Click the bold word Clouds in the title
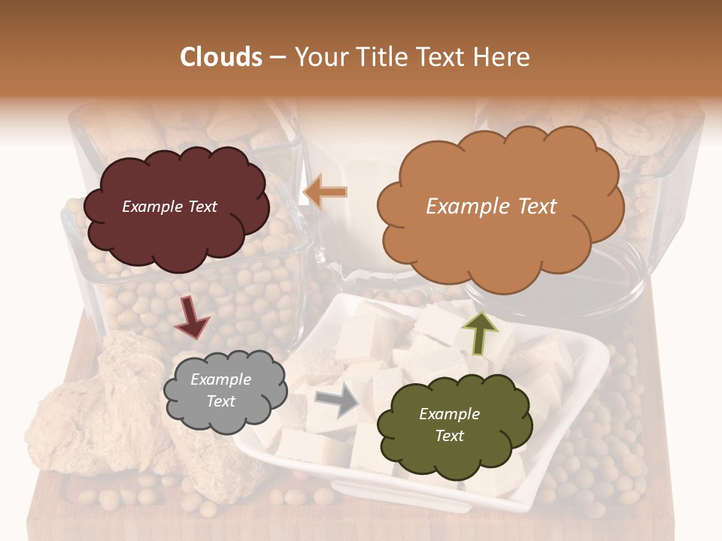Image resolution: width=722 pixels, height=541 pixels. [x=221, y=57]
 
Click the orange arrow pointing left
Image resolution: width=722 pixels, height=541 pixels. [x=325, y=192]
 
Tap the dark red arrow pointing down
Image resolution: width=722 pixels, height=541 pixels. [x=191, y=316]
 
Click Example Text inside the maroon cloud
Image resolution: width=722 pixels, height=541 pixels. [x=169, y=207]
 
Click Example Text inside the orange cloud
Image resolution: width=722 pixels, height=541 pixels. [x=491, y=207]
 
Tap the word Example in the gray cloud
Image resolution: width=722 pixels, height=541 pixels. [x=220, y=379]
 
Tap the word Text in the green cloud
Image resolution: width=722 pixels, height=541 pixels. [x=449, y=436]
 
